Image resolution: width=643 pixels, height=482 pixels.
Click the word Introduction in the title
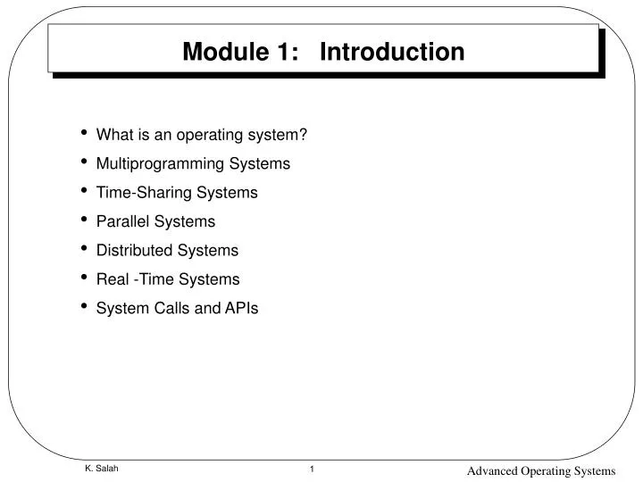coord(392,52)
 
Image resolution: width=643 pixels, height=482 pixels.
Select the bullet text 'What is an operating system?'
coord(201,135)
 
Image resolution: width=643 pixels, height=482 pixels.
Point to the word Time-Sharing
coord(141,192)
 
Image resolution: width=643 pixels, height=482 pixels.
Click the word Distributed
coord(134,250)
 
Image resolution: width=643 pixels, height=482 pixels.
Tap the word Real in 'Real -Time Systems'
coord(113,279)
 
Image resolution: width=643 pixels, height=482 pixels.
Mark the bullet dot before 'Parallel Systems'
coord(84,220)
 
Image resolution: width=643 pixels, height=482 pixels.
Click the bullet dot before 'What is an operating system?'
coord(84,134)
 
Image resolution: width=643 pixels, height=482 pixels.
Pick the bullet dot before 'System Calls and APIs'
coord(84,307)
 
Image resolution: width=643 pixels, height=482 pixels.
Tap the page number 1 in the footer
coord(312,469)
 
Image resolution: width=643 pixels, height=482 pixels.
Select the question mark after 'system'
coord(304,135)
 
